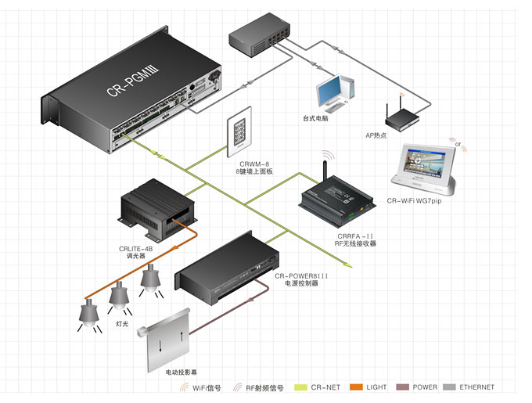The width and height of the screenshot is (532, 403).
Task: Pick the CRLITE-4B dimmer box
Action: [x=156, y=209]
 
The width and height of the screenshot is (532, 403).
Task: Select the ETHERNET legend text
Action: [x=477, y=387]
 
